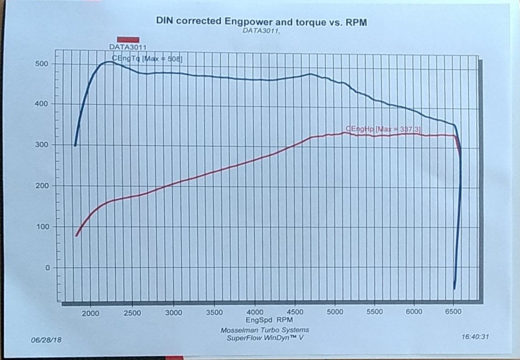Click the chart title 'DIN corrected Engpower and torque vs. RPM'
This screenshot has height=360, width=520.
[x=261, y=22]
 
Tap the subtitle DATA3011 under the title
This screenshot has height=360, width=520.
[x=261, y=31]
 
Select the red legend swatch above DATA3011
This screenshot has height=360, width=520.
[x=128, y=39]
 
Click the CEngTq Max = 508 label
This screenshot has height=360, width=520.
[x=147, y=59]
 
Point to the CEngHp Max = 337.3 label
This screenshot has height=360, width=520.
[x=384, y=129]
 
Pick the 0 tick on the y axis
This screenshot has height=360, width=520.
[x=47, y=268]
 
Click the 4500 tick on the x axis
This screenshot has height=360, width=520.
[x=295, y=313]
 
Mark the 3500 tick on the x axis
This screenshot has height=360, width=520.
[x=213, y=313]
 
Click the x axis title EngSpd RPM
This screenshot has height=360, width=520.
[x=265, y=320]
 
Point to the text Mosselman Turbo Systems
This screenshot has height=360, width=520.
[x=265, y=330]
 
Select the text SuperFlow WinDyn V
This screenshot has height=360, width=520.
[x=265, y=338]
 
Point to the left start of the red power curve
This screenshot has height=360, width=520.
[x=76, y=236]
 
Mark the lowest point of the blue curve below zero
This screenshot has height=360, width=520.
[x=454, y=289]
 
